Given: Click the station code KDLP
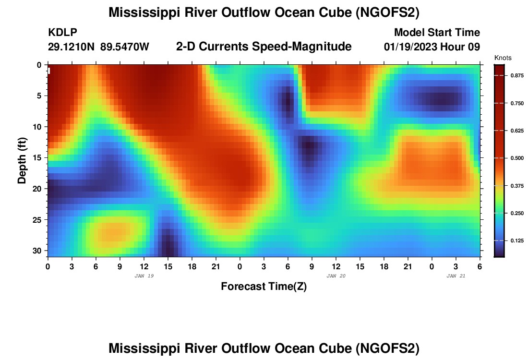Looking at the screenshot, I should [62, 33].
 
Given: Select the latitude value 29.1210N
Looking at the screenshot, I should [72, 47].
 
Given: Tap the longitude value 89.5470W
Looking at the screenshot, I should [125, 47].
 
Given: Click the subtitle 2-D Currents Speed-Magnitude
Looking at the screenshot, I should [264, 47].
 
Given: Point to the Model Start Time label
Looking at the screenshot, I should [436, 33].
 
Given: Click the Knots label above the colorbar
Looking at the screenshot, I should [503, 58].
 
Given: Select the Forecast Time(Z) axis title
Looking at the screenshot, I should [264, 287].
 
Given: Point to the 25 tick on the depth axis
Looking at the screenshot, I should [39, 220].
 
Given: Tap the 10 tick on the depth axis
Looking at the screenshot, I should [39, 127].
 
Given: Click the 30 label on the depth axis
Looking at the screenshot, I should [39, 251].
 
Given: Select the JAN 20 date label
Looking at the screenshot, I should [336, 276].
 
